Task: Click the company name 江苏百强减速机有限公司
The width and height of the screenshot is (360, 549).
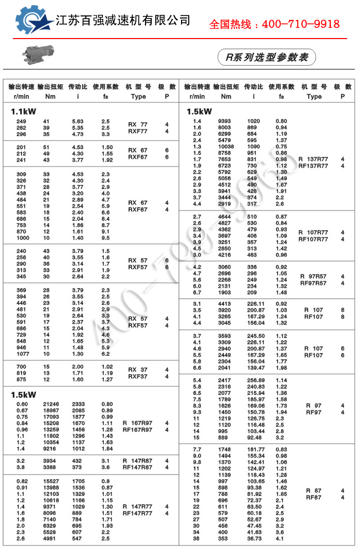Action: pyautogui.click(x=122, y=21)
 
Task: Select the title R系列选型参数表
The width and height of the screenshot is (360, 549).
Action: pyautogui.click(x=266, y=57)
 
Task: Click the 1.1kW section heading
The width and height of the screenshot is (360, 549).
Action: pyautogui.click(x=24, y=112)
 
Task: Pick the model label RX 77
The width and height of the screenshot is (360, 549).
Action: pyautogui.click(x=137, y=124)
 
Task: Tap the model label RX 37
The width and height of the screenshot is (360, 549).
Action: pyautogui.click(x=137, y=370)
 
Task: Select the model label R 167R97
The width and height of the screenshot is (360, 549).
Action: pyautogui.click(x=137, y=423)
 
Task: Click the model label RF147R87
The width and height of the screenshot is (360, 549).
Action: pyautogui.click(x=137, y=467)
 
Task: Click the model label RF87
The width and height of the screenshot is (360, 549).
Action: pyautogui.click(x=313, y=498)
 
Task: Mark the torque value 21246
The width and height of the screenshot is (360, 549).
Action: pyautogui.click(x=50, y=404)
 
